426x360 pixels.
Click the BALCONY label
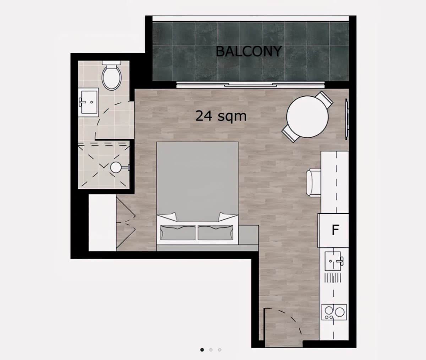(x=249, y=51)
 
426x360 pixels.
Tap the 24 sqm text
(x=221, y=116)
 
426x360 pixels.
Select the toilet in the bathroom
(x=111, y=75)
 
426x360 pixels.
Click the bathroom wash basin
(x=88, y=102)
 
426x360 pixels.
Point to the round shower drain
(x=116, y=167)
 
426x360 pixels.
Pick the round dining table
(x=307, y=117)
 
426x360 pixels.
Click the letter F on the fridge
(x=335, y=230)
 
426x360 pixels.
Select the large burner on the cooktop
(x=339, y=312)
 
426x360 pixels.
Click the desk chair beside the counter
(x=314, y=183)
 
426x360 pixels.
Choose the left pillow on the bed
(x=178, y=232)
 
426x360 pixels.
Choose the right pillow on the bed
(x=215, y=232)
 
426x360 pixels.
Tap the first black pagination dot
(x=202, y=350)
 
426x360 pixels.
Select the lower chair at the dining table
(x=290, y=134)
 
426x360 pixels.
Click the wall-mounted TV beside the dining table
(x=346, y=119)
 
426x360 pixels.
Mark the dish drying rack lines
(x=333, y=278)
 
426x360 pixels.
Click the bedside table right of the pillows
(x=248, y=235)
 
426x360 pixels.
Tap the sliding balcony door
(x=250, y=84)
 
